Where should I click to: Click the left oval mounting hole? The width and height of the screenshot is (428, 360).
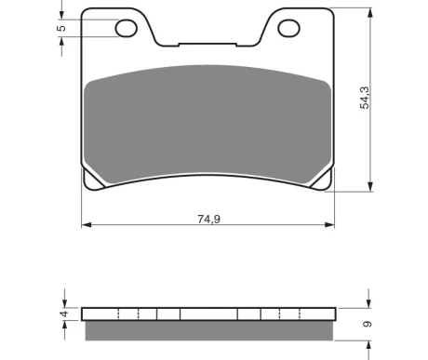[127, 28]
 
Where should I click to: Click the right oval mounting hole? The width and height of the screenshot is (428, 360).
[288, 28]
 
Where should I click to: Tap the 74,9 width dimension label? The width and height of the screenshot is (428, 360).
[209, 219]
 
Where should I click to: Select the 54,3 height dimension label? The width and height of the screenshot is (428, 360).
[365, 98]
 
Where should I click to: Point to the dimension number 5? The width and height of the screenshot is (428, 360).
[61, 28]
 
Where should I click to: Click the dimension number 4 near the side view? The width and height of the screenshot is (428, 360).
[64, 313]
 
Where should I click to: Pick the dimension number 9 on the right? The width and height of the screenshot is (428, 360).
[368, 324]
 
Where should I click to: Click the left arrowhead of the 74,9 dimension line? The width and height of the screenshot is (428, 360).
[87, 225]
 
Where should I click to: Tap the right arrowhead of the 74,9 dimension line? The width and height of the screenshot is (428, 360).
[329, 225]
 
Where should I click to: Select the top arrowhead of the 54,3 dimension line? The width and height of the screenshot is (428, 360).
[369, 13]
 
